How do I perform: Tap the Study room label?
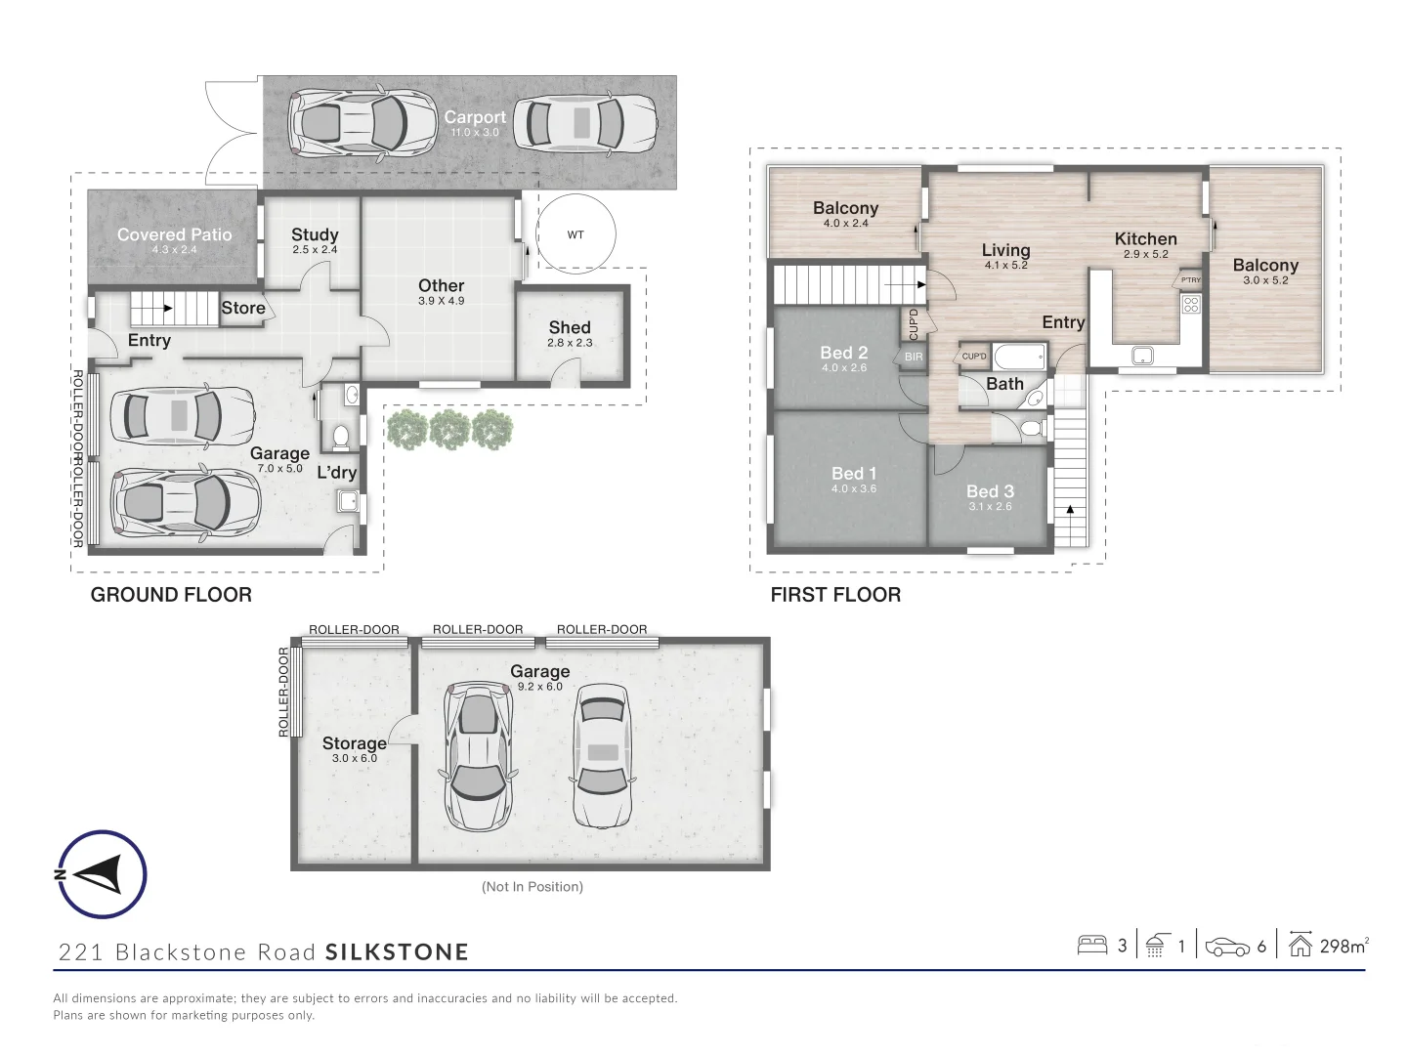(314, 234)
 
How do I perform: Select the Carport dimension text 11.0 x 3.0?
(474, 132)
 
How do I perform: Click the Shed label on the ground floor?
(570, 327)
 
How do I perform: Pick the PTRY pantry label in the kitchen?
(1190, 280)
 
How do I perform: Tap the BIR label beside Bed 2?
(914, 357)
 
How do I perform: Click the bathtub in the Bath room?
(1019, 358)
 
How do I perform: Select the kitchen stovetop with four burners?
(1191, 304)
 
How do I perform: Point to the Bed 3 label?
(990, 491)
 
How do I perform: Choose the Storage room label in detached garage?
(354, 743)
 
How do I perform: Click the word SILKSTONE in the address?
(397, 951)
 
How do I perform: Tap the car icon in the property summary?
(1227, 947)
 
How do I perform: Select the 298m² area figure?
(1344, 947)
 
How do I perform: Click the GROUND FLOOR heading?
(171, 595)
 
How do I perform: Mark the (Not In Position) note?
(533, 887)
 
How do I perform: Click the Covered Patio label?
(174, 234)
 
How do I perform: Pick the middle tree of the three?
(449, 429)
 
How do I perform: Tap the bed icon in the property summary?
(1092, 946)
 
